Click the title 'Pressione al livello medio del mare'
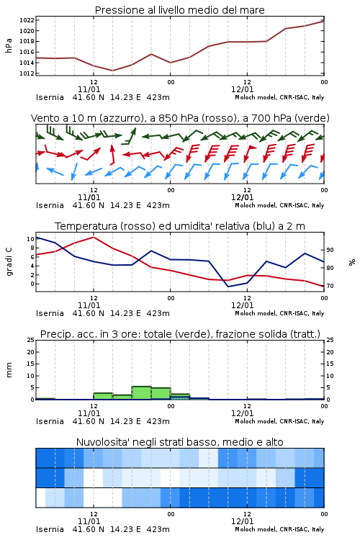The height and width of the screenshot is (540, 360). point(179,10)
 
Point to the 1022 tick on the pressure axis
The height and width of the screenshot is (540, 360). point(27,20)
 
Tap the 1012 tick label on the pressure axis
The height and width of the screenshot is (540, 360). point(27,73)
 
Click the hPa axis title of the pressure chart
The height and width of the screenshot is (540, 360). point(9,45)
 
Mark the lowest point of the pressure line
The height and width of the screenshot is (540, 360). point(112,71)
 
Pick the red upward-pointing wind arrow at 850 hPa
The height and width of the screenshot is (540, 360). point(112,154)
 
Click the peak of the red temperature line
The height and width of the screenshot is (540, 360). point(94,237)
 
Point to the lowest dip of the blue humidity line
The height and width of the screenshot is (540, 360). point(228,287)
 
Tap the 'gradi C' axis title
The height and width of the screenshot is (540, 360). point(9,261)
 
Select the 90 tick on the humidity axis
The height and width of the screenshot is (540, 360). point(330,250)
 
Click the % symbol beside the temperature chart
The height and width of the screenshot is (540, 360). point(351,262)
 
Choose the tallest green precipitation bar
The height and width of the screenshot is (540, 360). point(142,393)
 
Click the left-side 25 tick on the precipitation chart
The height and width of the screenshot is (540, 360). point(31,340)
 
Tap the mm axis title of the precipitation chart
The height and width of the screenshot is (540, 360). point(9,369)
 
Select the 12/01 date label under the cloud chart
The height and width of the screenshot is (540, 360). point(242,521)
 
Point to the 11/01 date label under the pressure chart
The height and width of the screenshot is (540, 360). point(89,89)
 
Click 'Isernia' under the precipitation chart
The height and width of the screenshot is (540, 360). point(50,421)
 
